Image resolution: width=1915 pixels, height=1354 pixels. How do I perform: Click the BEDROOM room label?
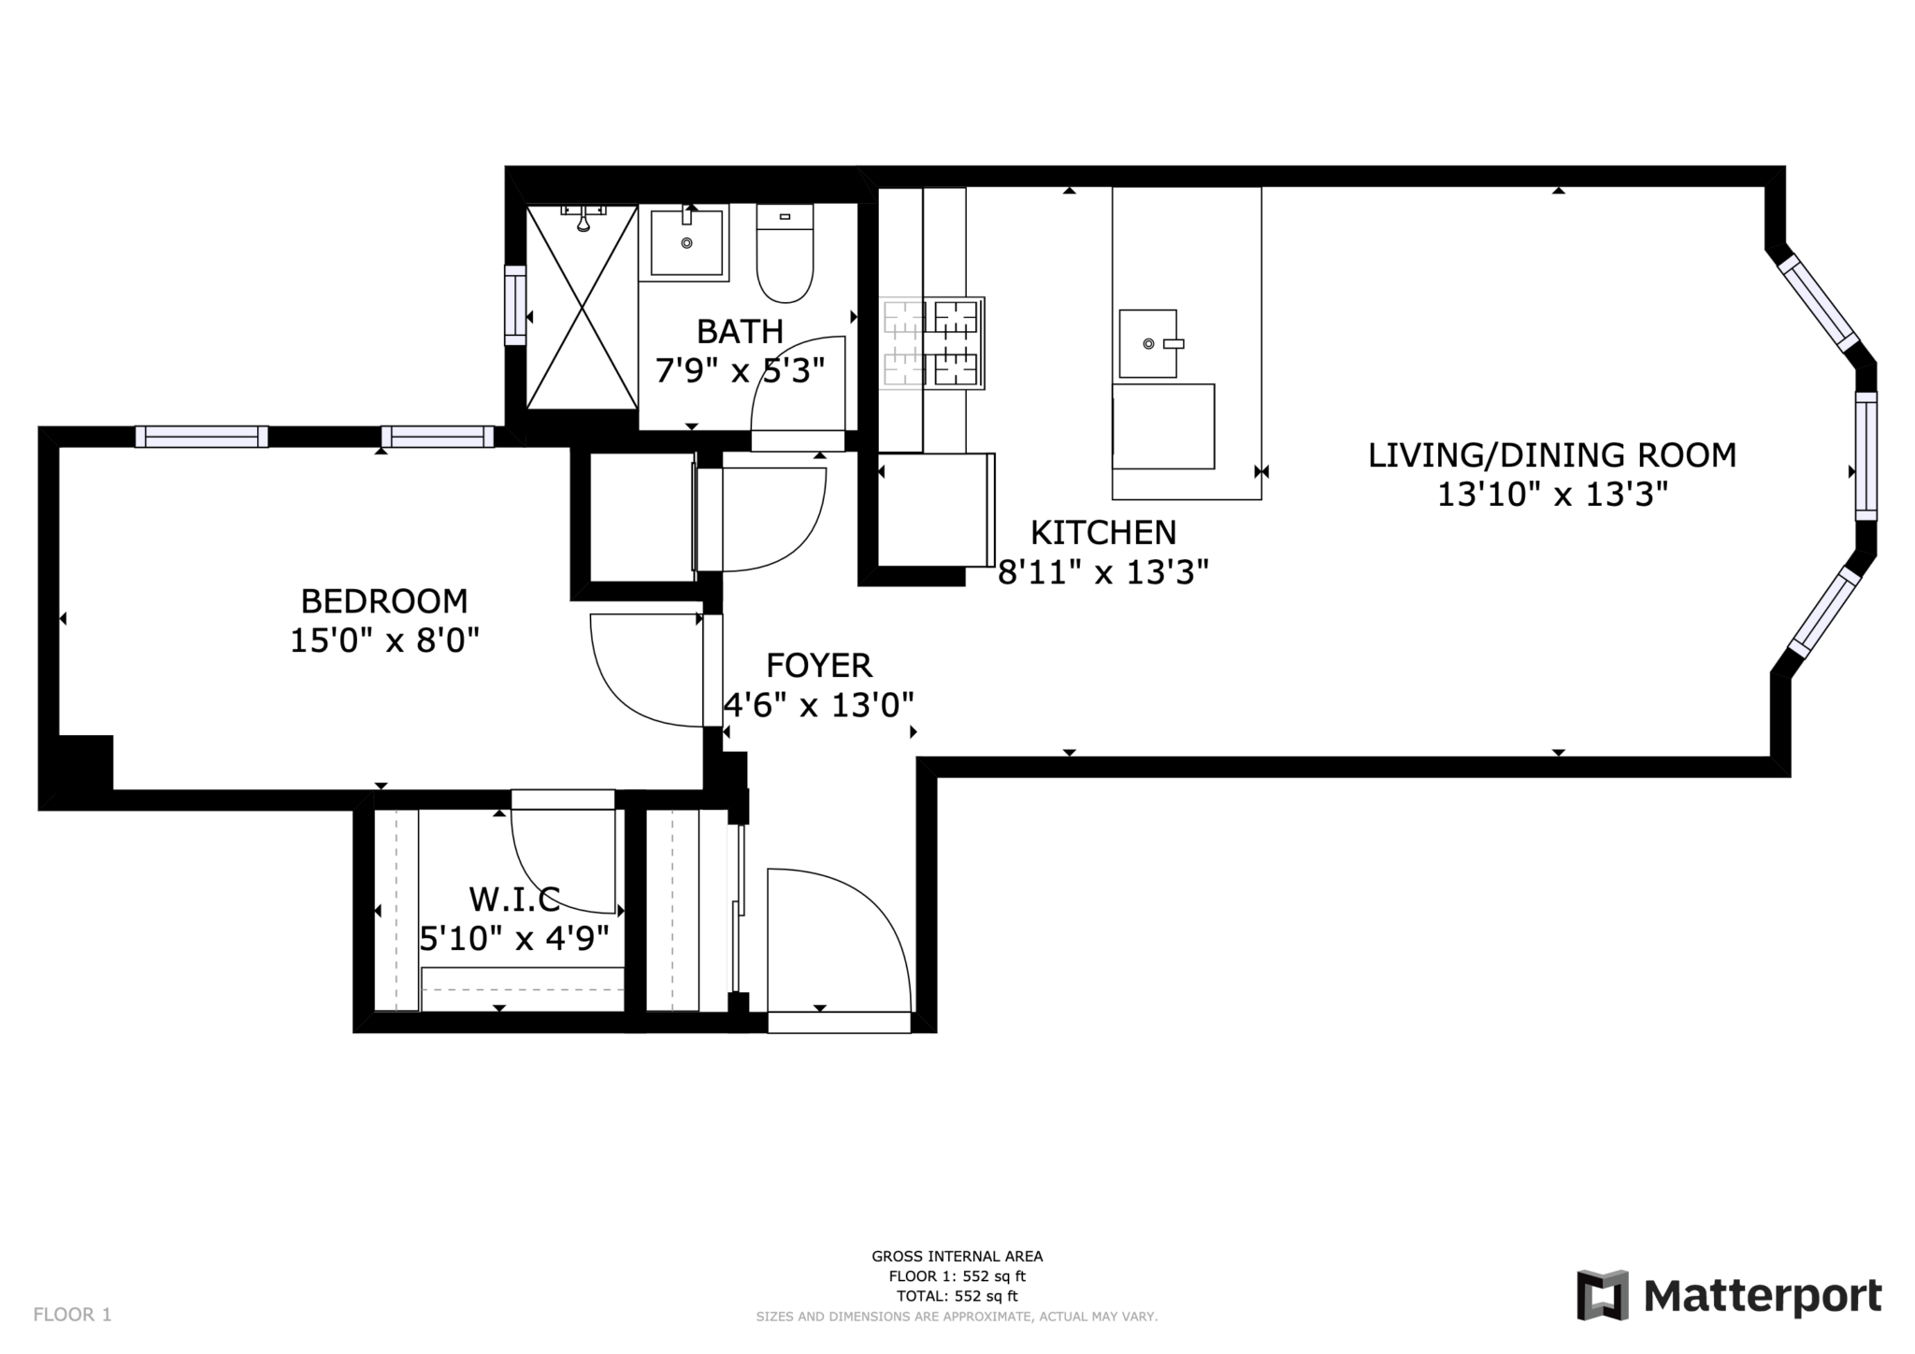[x=383, y=600]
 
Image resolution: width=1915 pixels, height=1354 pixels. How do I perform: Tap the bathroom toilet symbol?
[x=785, y=254]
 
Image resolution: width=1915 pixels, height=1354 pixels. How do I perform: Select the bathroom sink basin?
[x=686, y=243]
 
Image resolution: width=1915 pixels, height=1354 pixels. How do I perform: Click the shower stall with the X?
[x=582, y=308]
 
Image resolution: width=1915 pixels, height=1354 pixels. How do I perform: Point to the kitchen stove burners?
[x=932, y=343]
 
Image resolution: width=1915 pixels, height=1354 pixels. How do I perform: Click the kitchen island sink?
[x=1148, y=343]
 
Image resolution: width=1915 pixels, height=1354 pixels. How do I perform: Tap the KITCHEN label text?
[x=1103, y=533]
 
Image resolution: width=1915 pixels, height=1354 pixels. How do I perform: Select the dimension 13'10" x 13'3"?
[x=1552, y=495]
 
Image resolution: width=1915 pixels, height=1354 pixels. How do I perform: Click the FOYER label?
[x=819, y=666]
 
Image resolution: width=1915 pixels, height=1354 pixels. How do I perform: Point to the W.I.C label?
[x=514, y=900]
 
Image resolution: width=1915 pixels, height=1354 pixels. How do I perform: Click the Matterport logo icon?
[x=1603, y=1295]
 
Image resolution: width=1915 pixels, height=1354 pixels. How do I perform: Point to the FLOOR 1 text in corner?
[x=72, y=1315]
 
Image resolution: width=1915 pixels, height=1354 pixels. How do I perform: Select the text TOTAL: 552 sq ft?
[x=957, y=1296]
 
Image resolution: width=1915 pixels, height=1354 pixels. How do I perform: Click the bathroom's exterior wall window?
[x=515, y=305]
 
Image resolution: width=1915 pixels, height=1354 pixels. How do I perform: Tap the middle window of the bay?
[x=1865, y=455]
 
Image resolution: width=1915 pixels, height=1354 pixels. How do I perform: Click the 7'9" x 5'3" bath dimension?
[x=740, y=371]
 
